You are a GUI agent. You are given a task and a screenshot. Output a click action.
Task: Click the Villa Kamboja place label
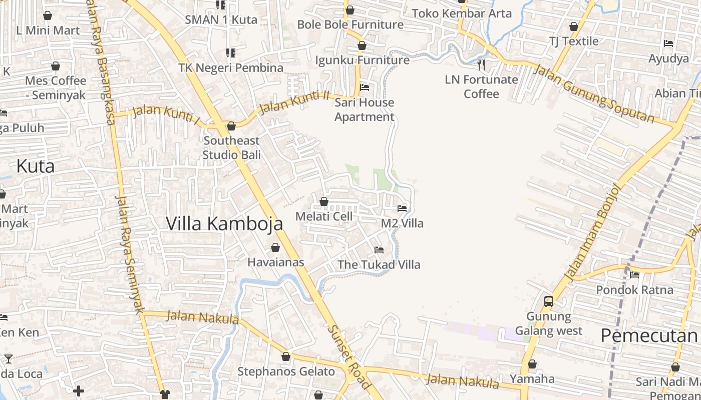click(224, 223)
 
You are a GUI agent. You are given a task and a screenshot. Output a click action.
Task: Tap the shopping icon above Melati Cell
click(324, 202)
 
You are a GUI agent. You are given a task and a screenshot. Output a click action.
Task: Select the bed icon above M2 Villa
click(402, 208)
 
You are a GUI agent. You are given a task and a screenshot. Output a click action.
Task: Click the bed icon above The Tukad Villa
click(379, 250)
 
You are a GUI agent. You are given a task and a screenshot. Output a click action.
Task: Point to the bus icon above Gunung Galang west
click(549, 301)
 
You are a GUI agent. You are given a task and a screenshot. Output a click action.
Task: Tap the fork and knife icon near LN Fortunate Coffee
click(481, 64)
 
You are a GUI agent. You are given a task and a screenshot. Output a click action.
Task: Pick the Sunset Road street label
click(349, 357)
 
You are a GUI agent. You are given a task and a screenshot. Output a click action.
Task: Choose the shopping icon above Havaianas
click(275, 247)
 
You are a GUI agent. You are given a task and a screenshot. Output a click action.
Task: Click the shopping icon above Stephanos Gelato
click(286, 356)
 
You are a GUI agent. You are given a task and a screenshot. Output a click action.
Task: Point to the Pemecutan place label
click(649, 335)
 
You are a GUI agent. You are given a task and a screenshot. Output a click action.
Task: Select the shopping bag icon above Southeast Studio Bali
click(231, 126)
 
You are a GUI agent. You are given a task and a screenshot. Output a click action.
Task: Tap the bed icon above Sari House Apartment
click(365, 87)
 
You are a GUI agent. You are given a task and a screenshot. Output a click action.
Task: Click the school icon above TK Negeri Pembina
click(231, 52)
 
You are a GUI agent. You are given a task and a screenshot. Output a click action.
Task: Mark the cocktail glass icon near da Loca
click(8, 358)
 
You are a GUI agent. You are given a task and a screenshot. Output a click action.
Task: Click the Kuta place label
click(35, 166)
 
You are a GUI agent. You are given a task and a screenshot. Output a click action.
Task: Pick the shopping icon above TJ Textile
click(574, 26)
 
